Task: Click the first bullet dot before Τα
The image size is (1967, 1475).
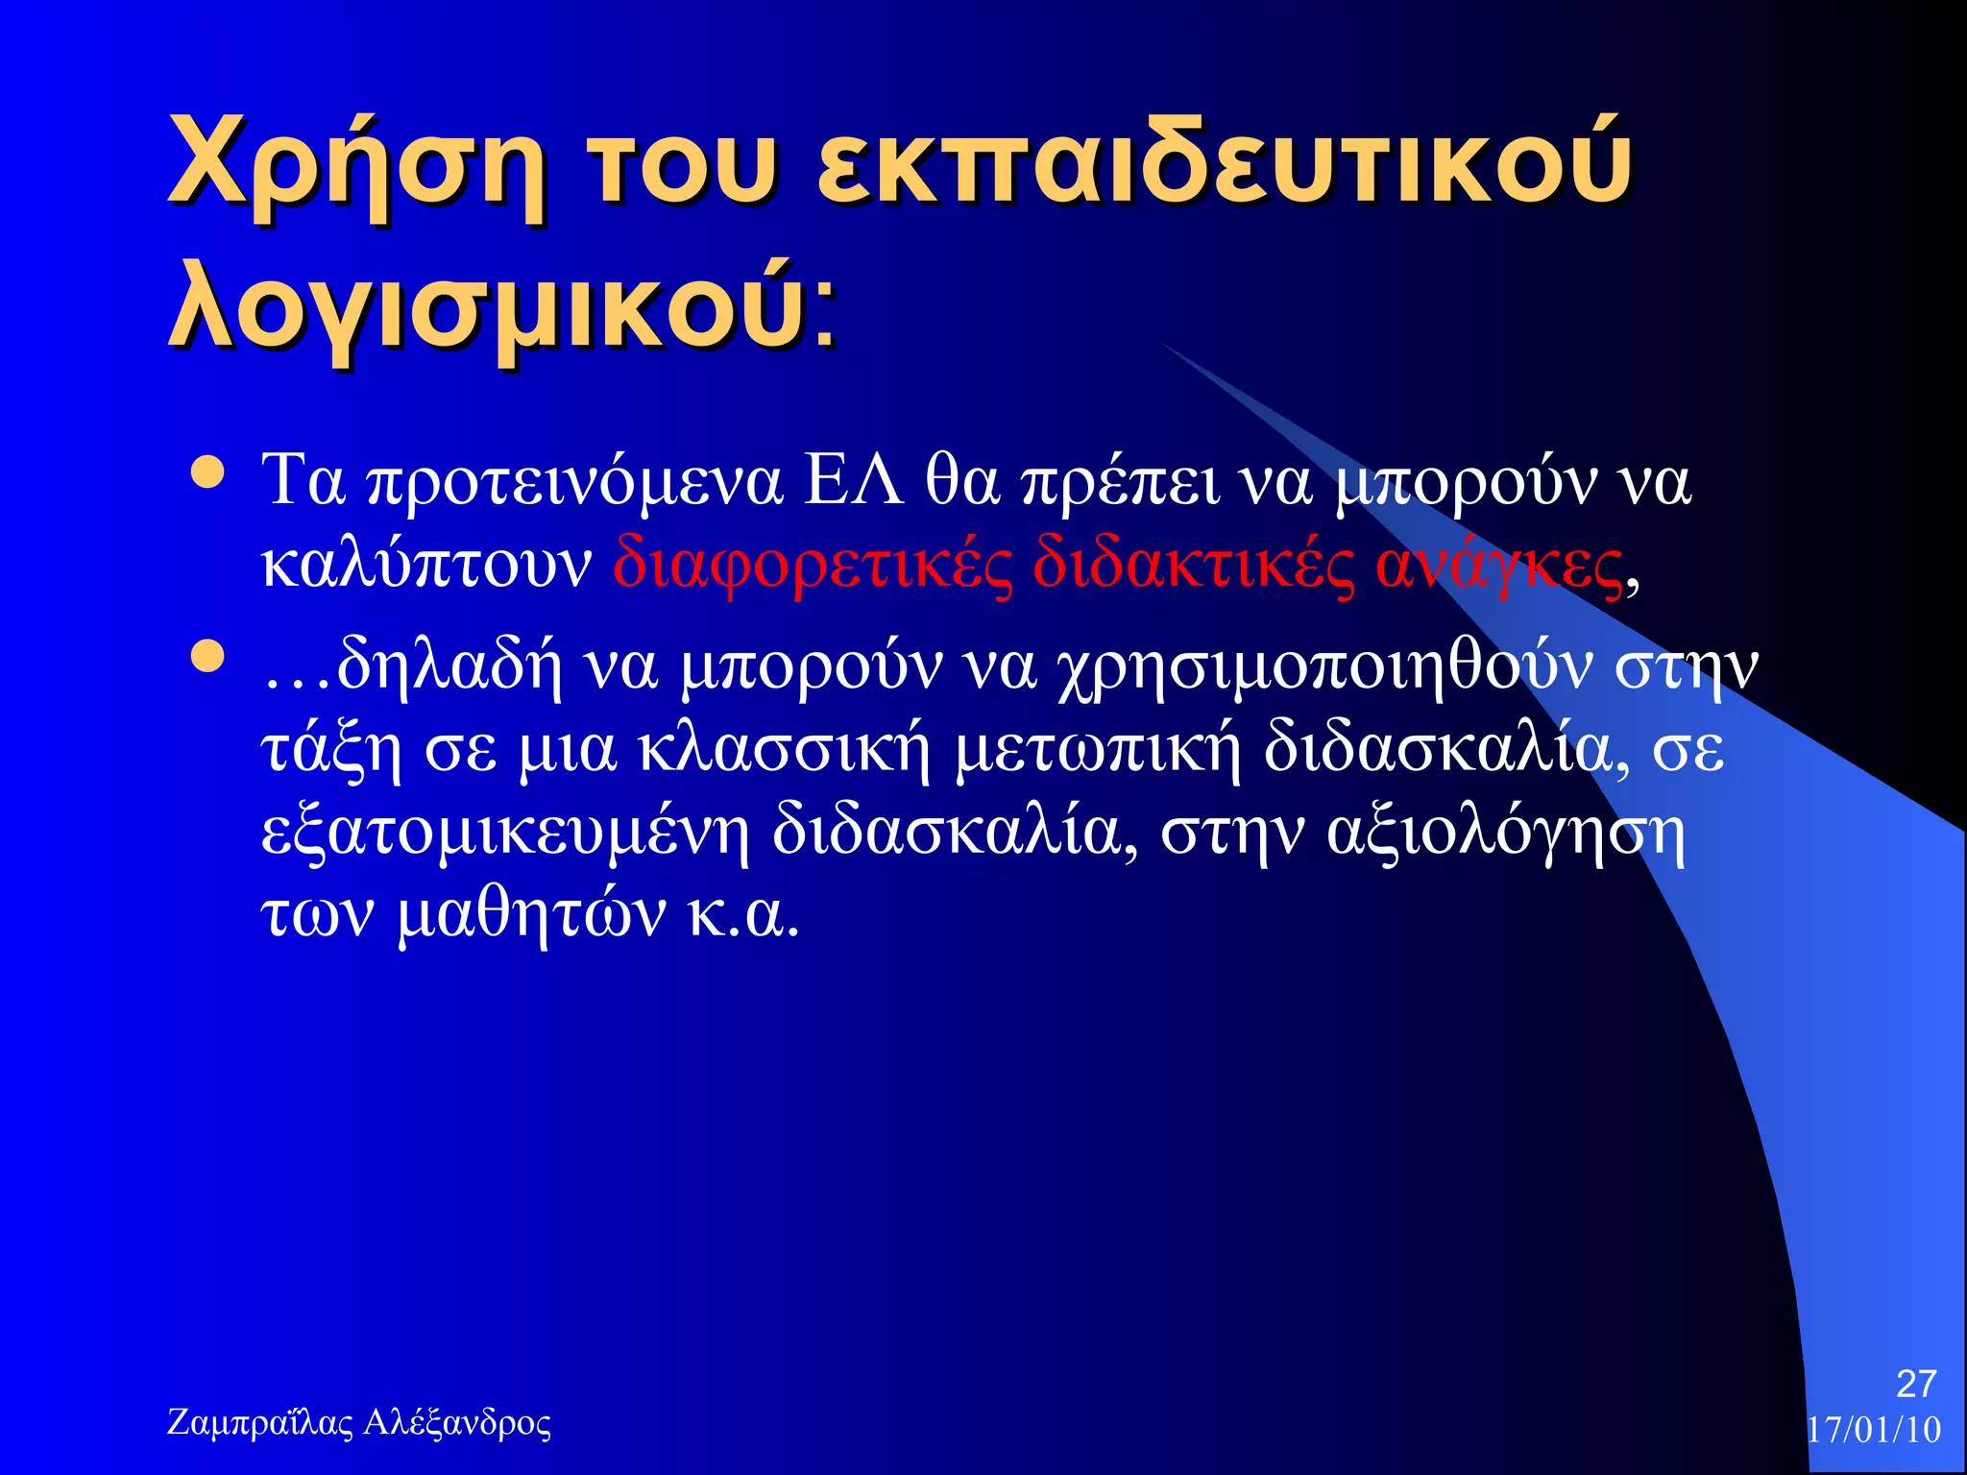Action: tap(207, 472)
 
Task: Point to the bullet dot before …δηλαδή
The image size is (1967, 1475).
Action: tap(207, 658)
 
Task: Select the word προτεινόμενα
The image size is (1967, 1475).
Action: tap(575, 482)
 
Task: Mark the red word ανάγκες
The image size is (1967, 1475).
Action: tap(1498, 567)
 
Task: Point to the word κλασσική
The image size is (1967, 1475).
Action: tap(785, 751)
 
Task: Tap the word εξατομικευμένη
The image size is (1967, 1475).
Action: tap(505, 834)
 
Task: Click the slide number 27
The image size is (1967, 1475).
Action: tap(1915, 1384)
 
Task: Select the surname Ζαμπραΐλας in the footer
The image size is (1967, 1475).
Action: tap(259, 1422)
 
